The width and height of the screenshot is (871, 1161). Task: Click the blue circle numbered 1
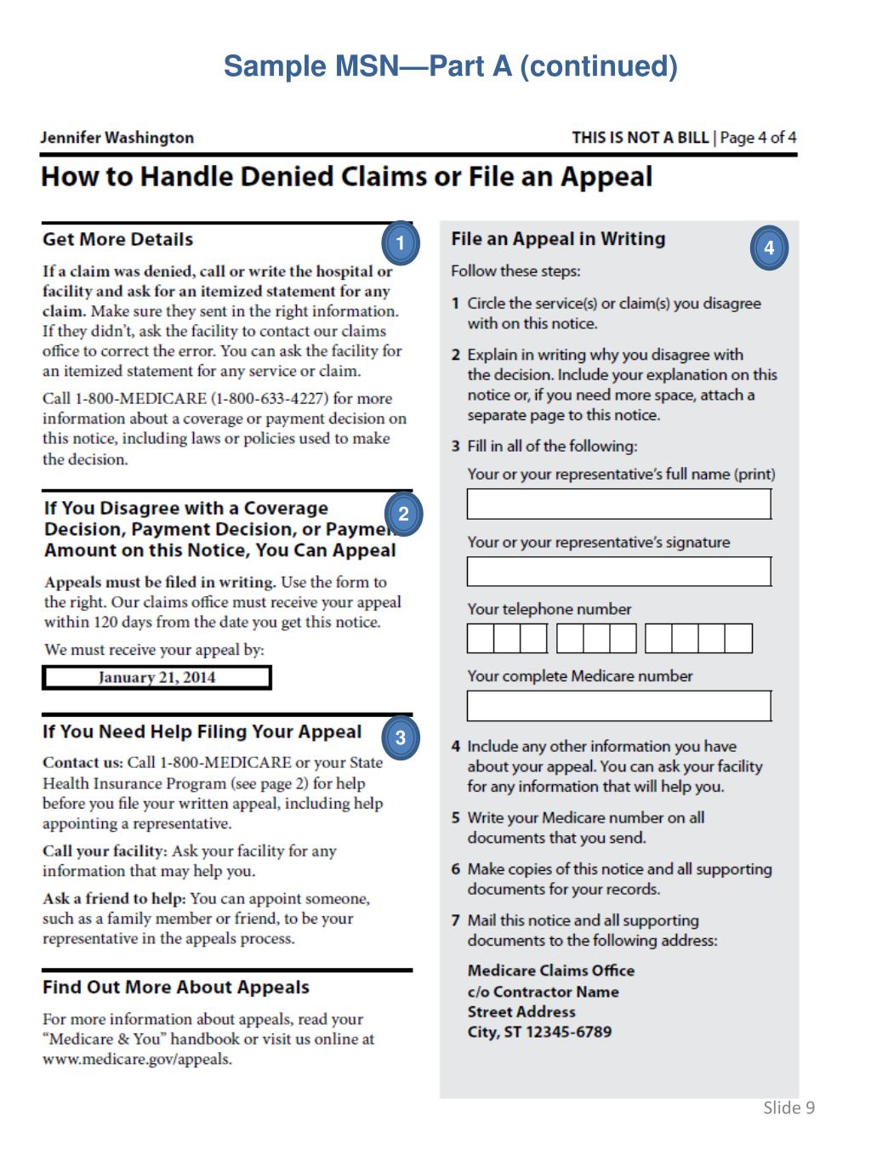401,243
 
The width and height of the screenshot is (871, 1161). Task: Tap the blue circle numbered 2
403,514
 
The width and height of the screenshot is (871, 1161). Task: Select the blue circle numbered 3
401,738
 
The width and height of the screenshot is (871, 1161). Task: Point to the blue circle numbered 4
769,248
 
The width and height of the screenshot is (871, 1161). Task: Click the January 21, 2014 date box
157,678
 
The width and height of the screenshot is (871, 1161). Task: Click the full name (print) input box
618,504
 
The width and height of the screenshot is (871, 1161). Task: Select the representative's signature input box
618,572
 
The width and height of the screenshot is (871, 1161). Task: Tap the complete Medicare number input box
618,706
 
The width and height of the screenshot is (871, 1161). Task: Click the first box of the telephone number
481,639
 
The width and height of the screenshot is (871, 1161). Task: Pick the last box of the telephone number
738,639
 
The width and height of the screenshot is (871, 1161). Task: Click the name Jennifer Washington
117,138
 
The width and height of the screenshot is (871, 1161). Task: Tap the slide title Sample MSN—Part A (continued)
450,66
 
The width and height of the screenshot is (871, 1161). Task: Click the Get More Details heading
118,240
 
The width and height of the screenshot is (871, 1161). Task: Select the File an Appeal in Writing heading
558,239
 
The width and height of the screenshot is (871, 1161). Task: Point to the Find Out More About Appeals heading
176,987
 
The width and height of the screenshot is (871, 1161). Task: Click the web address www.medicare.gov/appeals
137,1060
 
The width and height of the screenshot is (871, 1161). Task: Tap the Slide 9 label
788,1107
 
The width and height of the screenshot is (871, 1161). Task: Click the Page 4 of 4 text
758,138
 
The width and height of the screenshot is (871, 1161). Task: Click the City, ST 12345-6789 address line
539,1033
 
